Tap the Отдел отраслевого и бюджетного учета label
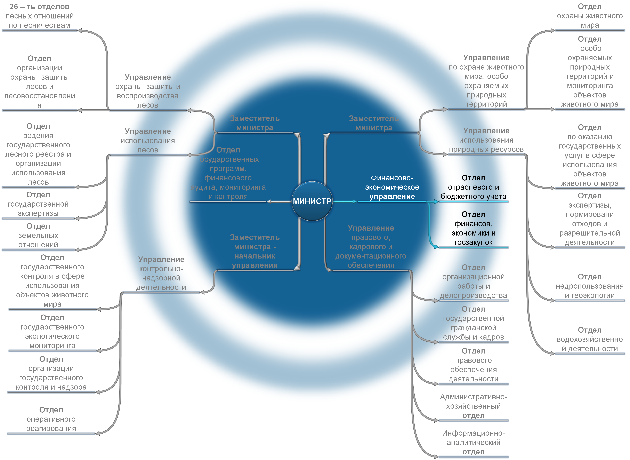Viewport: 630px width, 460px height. pyautogui.click(x=473, y=187)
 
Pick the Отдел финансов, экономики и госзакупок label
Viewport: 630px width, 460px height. pyautogui.click(x=473, y=228)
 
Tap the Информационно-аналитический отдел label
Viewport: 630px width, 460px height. pyautogui.click(x=473, y=442)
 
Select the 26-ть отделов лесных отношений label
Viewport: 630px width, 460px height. pyautogui.click(x=40, y=16)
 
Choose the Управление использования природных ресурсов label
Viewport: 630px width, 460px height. pyautogui.click(x=486, y=140)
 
